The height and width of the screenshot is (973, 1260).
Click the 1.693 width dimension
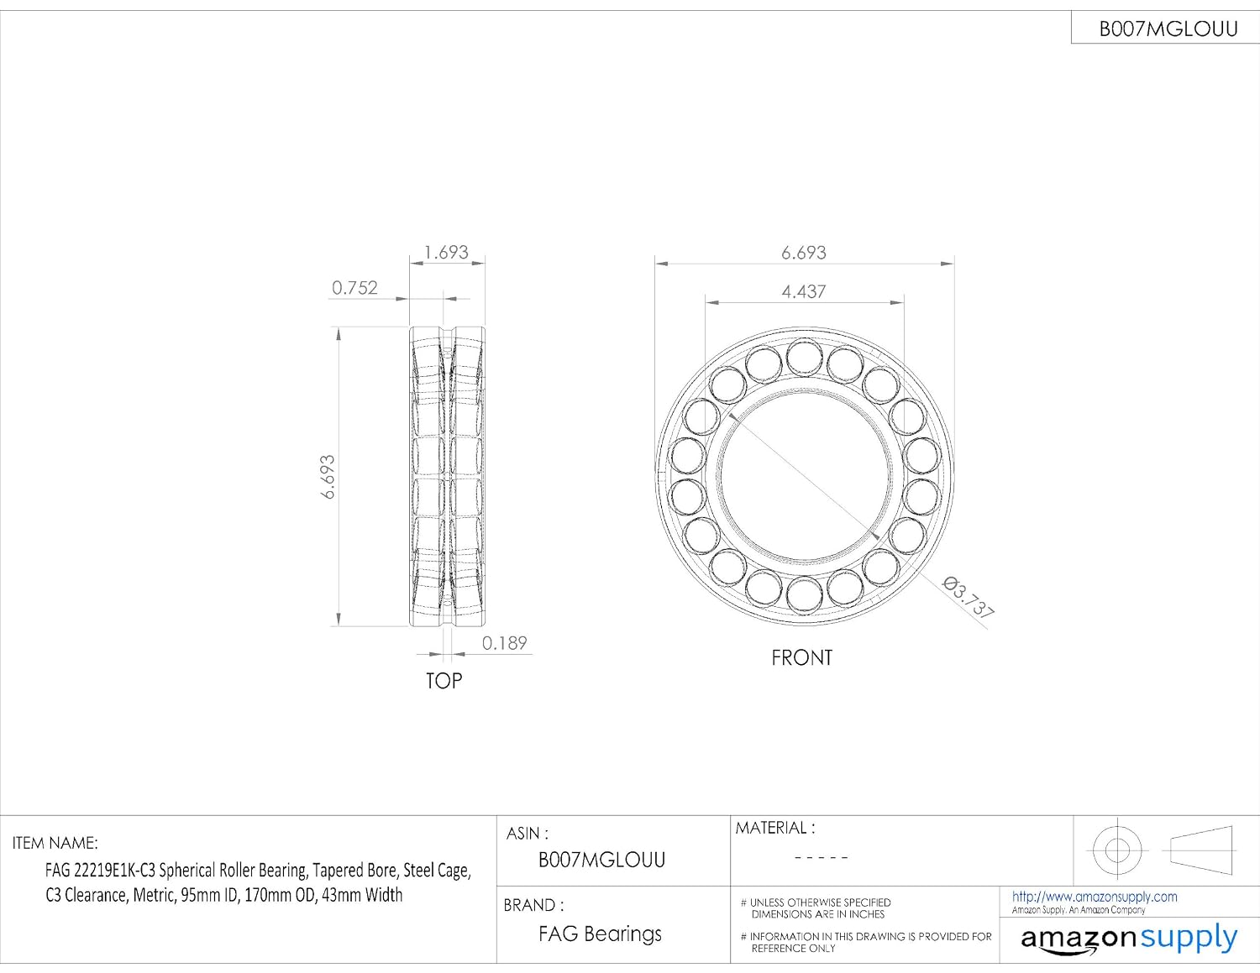[x=446, y=253]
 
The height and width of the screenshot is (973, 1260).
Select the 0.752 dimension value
[x=354, y=288]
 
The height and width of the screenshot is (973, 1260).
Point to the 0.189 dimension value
[x=505, y=643]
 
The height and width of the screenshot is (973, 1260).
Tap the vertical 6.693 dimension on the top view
[x=328, y=477]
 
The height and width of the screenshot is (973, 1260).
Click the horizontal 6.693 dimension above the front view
[x=804, y=253]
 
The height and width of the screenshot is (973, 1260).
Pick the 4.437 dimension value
[x=804, y=291]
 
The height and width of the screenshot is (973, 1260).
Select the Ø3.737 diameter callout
[x=968, y=598]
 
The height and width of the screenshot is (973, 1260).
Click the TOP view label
[x=444, y=681]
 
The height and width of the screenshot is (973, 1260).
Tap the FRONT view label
[x=802, y=657]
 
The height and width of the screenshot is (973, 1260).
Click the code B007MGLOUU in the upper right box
[x=1168, y=29]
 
